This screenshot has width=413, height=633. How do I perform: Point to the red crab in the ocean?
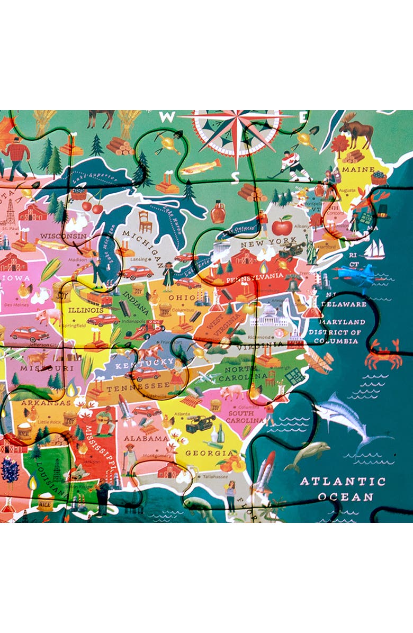(x=383, y=355)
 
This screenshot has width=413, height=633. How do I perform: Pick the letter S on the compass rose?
(x=236, y=175)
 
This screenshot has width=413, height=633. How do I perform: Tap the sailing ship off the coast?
(x=374, y=249)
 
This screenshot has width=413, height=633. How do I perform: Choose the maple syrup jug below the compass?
(x=218, y=212)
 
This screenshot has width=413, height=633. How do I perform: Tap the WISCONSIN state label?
(x=63, y=236)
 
